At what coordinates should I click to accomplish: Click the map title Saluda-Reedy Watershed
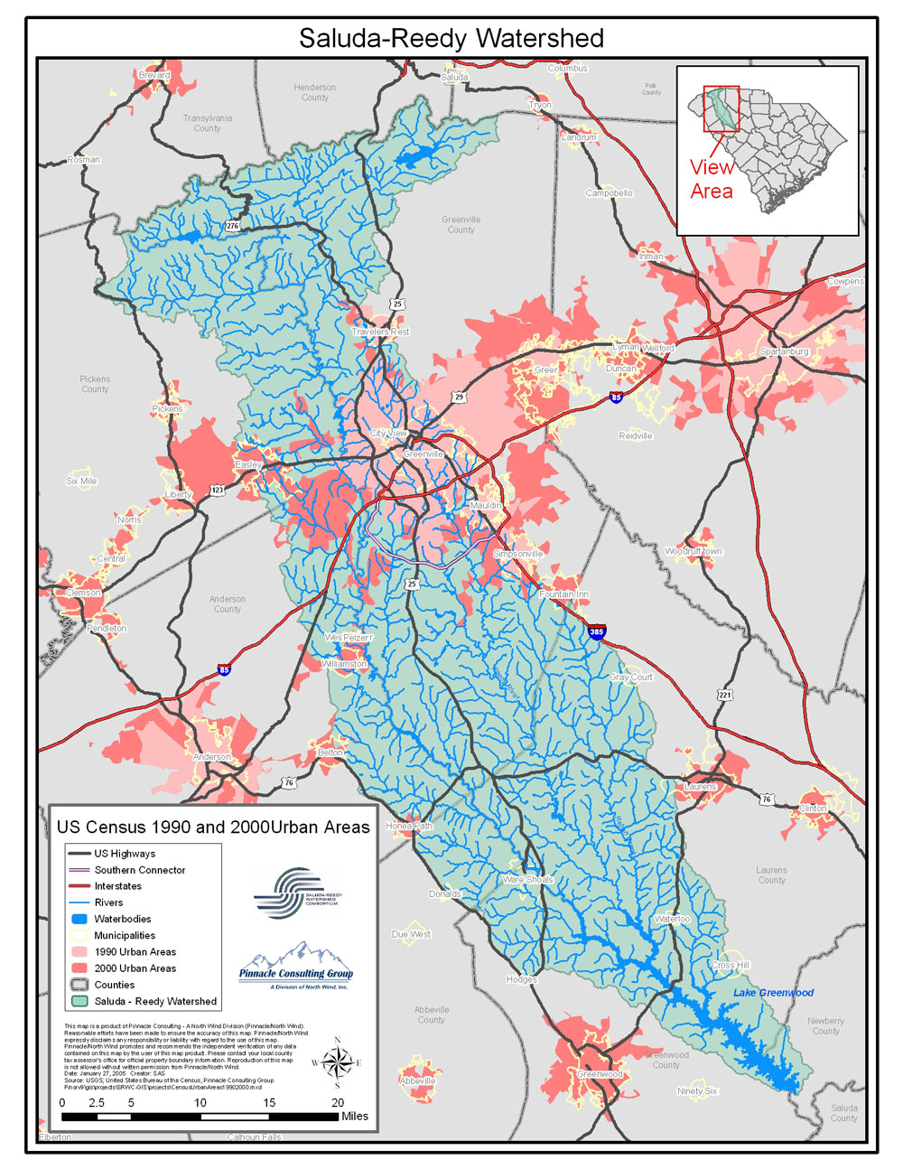click(x=451, y=38)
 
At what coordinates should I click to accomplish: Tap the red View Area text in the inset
click(x=712, y=179)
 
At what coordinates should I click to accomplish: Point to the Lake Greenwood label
click(x=773, y=993)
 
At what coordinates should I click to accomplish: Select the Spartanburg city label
click(x=784, y=351)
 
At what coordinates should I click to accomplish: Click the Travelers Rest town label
click(x=380, y=332)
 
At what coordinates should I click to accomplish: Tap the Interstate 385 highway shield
click(x=596, y=631)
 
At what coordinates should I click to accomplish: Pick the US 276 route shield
click(x=233, y=226)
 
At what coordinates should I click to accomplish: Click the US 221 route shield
click(x=725, y=695)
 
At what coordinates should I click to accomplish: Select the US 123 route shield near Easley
click(x=218, y=490)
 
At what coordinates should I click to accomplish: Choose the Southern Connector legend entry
click(x=140, y=870)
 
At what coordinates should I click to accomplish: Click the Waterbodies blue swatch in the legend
click(x=79, y=919)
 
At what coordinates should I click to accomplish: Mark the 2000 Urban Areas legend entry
click(x=135, y=968)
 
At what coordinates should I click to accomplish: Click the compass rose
click(x=337, y=1062)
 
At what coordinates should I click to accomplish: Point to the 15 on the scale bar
click(x=269, y=1102)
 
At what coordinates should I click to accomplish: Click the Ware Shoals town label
click(x=527, y=879)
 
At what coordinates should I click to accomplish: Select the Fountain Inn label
click(x=563, y=594)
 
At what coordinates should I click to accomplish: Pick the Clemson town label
click(x=83, y=593)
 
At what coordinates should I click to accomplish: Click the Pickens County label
click(x=95, y=384)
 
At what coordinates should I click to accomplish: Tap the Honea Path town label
click(x=409, y=826)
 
